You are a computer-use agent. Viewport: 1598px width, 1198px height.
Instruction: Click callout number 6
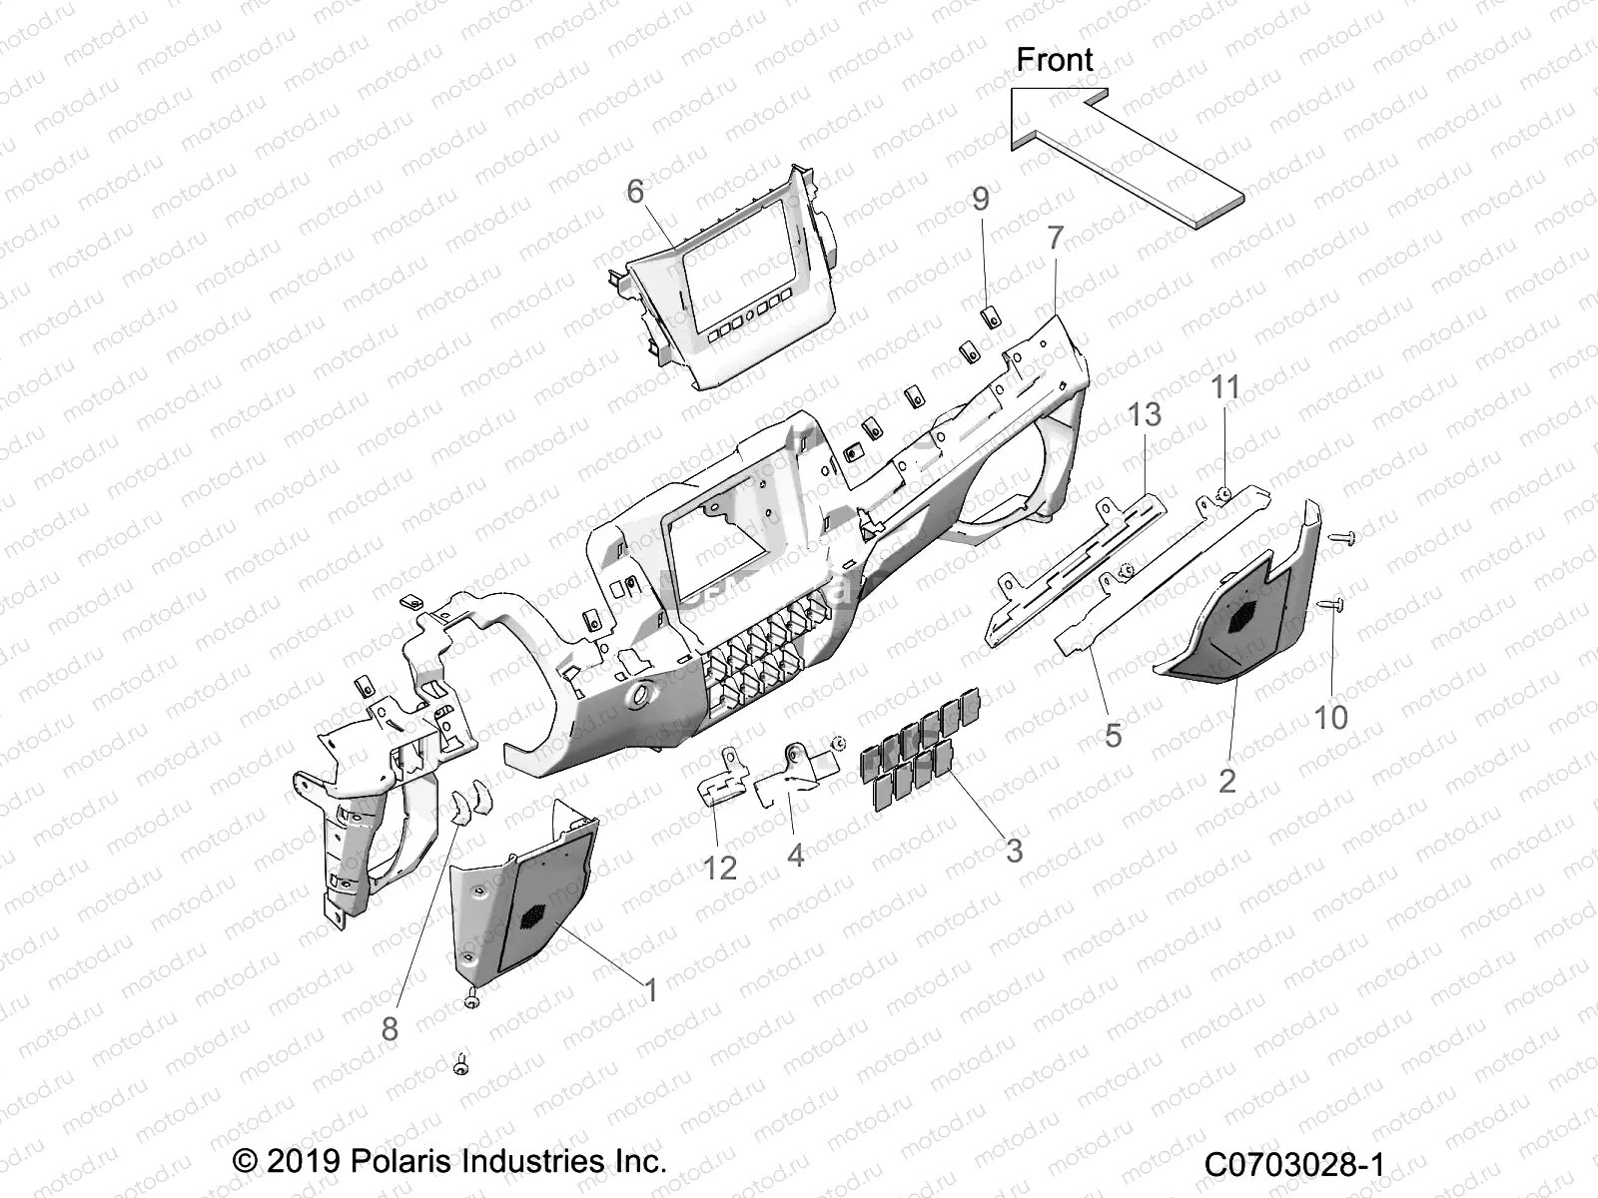636,191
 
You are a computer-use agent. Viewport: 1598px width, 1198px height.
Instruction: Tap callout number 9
981,199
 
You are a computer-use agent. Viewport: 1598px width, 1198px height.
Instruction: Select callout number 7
1055,239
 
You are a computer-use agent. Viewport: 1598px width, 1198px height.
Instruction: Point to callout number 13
1145,413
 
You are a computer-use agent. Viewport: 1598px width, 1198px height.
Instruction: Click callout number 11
1225,387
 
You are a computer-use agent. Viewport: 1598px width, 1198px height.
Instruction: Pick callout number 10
1330,717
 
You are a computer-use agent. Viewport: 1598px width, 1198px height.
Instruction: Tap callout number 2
1227,780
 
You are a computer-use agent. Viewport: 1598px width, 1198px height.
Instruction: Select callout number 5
1113,736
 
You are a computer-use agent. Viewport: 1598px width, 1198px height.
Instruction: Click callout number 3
1014,851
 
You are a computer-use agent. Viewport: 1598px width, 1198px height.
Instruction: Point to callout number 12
719,867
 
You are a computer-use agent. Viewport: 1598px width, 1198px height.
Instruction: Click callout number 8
390,1028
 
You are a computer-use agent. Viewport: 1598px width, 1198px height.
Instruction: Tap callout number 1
651,990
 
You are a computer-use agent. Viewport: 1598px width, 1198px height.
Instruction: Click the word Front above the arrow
1055,60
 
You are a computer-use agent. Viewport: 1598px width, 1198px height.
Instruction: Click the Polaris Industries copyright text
449,1161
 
